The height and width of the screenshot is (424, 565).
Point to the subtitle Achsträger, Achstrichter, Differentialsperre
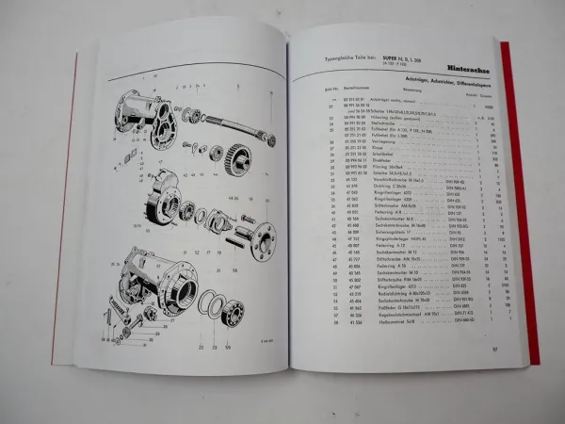(x=426, y=84)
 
